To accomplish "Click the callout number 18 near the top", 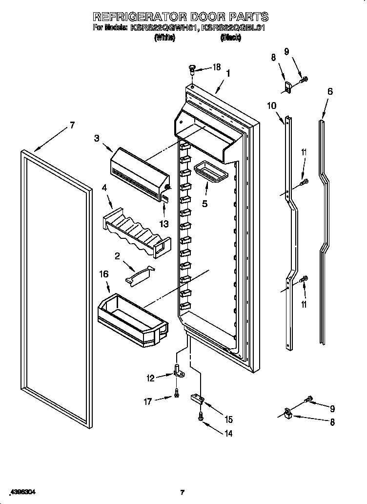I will (216, 67).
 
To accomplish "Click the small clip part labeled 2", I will (140, 274).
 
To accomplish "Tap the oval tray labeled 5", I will (209, 172).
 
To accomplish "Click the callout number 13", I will (164, 224).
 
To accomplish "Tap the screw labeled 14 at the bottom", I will (200, 416).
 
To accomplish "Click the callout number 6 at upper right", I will (330, 91).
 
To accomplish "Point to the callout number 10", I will (272, 105).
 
